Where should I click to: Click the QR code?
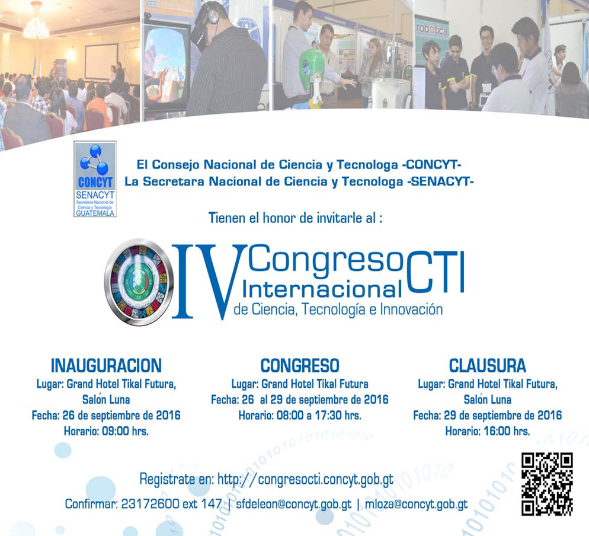(547, 484)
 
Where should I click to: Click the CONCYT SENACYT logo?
(95, 179)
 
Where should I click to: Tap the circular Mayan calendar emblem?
(139, 282)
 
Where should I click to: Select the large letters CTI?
(435, 272)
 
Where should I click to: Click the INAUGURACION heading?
(106, 366)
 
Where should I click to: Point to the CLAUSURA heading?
(488, 366)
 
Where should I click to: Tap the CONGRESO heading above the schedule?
(300, 366)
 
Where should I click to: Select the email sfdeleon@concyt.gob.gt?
(294, 504)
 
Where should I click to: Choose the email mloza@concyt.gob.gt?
(416, 504)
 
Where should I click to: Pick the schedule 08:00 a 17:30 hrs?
(319, 416)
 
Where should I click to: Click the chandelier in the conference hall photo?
(36, 21)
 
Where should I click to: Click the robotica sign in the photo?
(432, 30)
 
